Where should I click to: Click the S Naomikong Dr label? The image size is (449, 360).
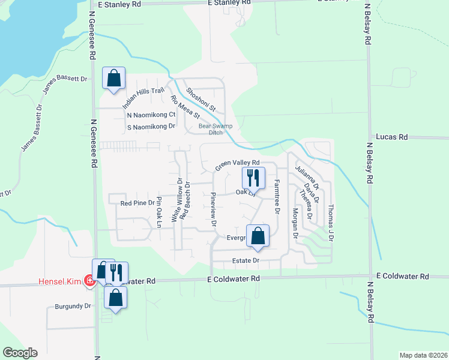(x=151, y=127)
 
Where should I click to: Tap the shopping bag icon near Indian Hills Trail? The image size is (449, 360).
(x=113, y=78)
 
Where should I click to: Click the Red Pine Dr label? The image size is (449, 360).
(x=137, y=203)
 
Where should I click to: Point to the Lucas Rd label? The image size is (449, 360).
(x=391, y=137)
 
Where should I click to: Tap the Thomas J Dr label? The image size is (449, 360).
(x=330, y=223)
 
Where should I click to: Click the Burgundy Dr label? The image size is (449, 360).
(x=72, y=306)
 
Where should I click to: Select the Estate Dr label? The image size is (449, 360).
(x=245, y=261)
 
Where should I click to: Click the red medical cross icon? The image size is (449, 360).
(x=89, y=280)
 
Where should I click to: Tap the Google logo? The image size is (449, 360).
(x=20, y=353)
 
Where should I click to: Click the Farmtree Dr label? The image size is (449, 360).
(x=277, y=197)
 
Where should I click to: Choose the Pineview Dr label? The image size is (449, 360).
(x=214, y=209)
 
